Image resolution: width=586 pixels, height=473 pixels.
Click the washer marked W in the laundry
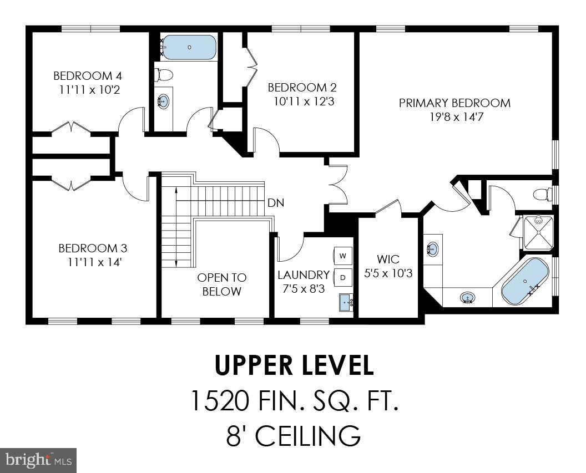[x=343, y=256]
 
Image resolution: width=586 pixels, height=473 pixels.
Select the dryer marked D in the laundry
[x=343, y=277]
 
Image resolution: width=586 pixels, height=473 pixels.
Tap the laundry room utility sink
[x=346, y=302]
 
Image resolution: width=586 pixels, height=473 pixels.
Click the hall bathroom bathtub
[x=189, y=48]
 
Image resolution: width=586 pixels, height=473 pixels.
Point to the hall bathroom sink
[x=163, y=101]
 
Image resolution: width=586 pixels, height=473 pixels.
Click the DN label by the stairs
[x=276, y=203]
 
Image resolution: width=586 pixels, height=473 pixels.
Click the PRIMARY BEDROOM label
[x=454, y=103]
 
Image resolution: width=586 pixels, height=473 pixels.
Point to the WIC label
[x=388, y=260]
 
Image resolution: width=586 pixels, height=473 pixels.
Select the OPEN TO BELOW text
[x=222, y=284]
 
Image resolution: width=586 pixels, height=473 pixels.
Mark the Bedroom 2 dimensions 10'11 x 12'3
[x=302, y=101]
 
